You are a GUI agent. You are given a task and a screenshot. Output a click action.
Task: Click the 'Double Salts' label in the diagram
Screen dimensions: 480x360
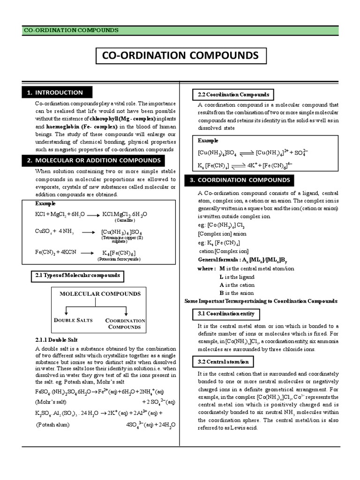click(74, 320)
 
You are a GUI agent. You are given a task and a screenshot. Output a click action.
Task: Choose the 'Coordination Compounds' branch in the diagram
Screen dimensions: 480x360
click(125, 323)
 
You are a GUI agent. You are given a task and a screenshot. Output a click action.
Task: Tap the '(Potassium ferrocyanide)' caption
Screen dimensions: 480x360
click(119, 259)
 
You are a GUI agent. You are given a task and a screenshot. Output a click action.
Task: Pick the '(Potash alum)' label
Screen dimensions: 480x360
click(53, 425)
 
